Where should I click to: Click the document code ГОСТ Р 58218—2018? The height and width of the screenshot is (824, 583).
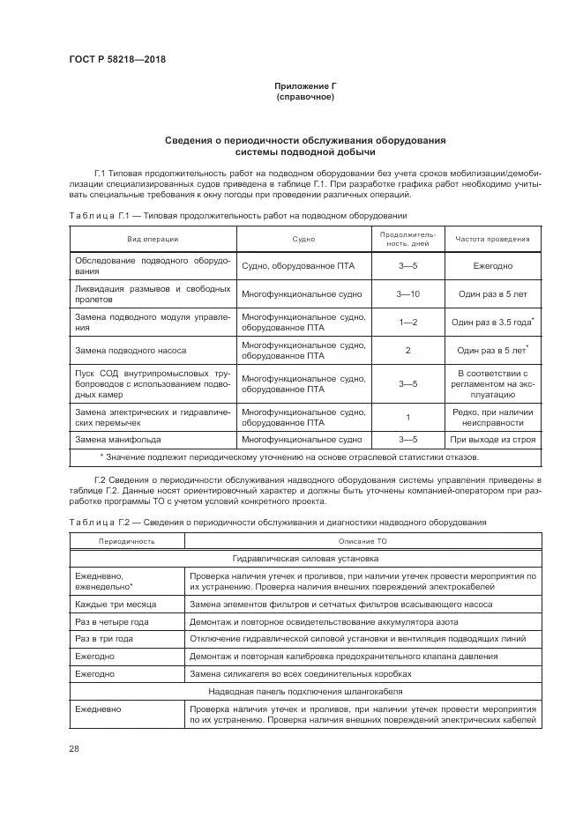point(116,59)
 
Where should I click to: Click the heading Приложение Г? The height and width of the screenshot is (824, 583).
point(305,85)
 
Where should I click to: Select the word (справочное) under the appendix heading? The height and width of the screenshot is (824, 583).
point(305,97)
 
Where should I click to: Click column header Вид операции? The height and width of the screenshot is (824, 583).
point(153,239)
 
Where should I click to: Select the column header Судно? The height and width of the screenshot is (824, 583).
point(303,239)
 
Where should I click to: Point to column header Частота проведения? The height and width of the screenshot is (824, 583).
point(492,239)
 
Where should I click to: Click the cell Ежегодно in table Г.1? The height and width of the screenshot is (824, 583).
point(492,266)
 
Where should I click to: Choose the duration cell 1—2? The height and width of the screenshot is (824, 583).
point(407,322)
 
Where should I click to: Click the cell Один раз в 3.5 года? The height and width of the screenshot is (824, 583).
point(490,323)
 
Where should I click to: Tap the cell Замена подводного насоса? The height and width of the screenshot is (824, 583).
point(131,350)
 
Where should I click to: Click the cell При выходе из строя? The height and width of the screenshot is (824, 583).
point(492,438)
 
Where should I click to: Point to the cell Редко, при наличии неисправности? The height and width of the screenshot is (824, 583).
point(492,416)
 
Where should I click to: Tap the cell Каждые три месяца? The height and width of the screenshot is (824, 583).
point(116,604)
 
